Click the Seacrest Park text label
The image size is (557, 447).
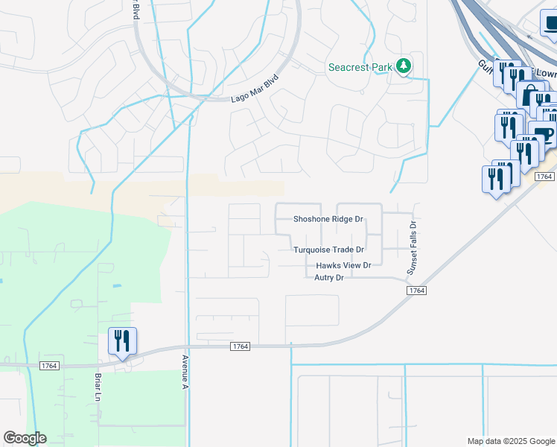(x=360, y=68)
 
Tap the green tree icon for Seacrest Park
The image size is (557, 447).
(x=404, y=66)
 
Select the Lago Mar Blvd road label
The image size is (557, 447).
(x=255, y=88)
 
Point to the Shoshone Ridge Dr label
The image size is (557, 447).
(x=328, y=219)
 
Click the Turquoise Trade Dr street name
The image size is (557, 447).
(x=328, y=250)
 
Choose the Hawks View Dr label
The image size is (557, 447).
(x=343, y=265)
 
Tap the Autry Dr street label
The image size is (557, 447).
(x=328, y=278)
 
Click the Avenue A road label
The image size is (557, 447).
(x=185, y=371)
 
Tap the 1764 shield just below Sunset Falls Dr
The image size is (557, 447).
(x=417, y=290)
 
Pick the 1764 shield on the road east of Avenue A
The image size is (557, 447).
(x=240, y=346)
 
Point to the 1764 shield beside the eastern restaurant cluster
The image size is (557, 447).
(x=544, y=177)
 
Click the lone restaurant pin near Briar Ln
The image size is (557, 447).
(x=122, y=341)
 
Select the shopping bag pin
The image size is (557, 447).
(x=530, y=96)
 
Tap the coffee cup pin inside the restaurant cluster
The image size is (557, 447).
(x=544, y=136)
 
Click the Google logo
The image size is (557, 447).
(x=25, y=438)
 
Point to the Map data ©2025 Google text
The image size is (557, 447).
(x=510, y=441)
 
